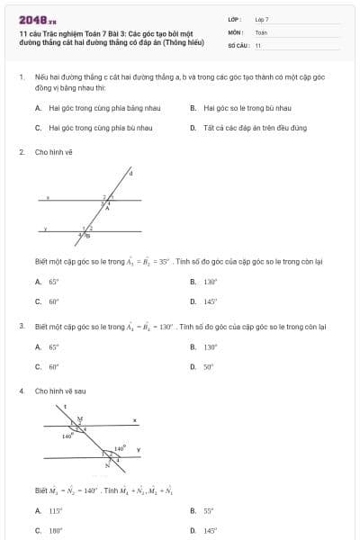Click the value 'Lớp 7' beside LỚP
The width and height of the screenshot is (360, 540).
[262, 19]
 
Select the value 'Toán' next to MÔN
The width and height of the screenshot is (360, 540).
[261, 31]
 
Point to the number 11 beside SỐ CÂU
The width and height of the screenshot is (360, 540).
[258, 44]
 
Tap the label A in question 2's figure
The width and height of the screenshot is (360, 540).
[109, 207]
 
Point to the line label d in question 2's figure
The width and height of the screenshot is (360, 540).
[130, 174]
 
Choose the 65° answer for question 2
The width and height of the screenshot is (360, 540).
[54, 282]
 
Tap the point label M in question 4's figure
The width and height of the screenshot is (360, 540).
[79, 418]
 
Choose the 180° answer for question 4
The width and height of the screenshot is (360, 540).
[55, 531]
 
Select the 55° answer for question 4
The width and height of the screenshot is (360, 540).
[209, 510]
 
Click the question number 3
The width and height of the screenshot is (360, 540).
[21, 325]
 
